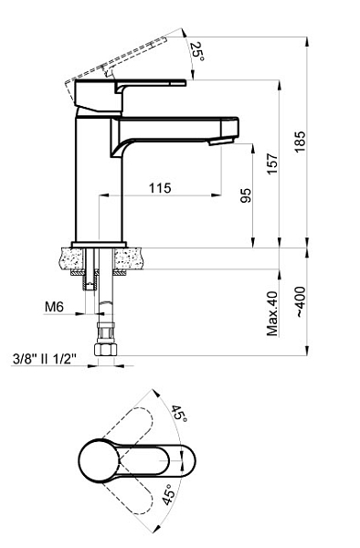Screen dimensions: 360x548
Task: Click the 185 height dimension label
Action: point(300,142)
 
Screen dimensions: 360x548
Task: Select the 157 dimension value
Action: point(272,163)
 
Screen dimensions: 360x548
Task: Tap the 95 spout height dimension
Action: point(246,195)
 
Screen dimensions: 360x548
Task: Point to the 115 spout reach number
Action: point(161,188)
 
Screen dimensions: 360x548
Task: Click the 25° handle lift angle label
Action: point(197,52)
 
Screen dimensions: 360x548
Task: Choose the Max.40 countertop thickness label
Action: point(272,313)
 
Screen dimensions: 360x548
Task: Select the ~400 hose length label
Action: point(301,302)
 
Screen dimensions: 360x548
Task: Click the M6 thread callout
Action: point(54,307)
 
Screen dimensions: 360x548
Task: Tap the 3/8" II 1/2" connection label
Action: point(45,359)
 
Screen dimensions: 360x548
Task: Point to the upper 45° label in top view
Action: point(179,414)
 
